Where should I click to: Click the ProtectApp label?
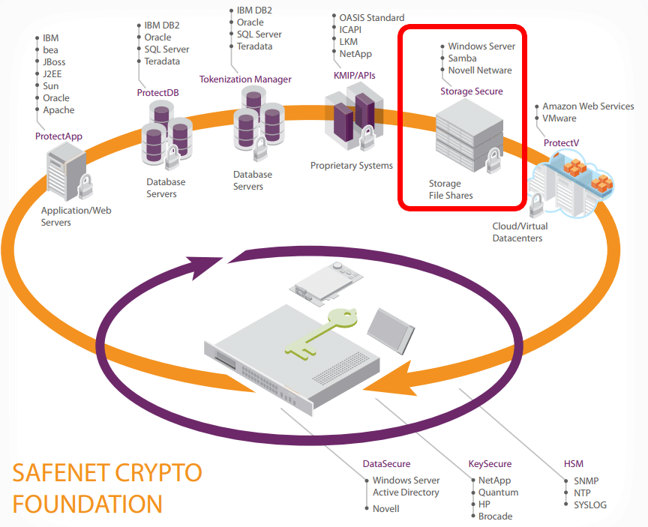pos(58,136)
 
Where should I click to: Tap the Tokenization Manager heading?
pos(245,79)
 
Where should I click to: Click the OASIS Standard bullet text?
pos(371,18)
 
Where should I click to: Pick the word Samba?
pos(463,58)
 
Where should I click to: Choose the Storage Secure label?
pos(471,91)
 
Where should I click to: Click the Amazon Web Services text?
pos(588,106)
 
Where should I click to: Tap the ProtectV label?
pos(561,142)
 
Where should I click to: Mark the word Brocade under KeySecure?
pos(495,517)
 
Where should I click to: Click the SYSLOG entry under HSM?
pos(590,505)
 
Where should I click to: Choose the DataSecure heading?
pos(386,464)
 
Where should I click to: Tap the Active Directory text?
pos(406,493)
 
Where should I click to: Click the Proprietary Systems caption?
pos(351,166)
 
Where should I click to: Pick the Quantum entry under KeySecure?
pos(498,493)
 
